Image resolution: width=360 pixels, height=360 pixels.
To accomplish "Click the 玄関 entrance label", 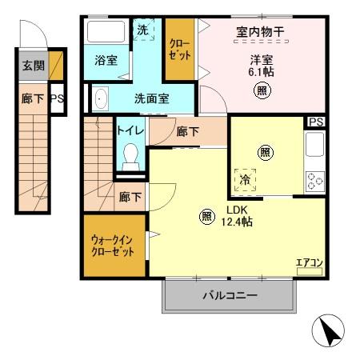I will [33, 66].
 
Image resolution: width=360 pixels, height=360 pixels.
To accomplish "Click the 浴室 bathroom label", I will [106, 60].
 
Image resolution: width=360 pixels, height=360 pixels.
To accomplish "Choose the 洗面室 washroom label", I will [150, 99].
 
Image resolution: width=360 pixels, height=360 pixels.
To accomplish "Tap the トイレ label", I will [130, 130].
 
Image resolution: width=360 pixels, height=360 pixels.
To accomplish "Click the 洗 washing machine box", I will [142, 30].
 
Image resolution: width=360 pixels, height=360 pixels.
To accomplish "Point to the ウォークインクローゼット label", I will [113, 244].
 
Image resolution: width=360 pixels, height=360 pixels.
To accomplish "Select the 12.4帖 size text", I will [238, 222].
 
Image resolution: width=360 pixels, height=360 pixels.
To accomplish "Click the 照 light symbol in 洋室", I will [262, 90].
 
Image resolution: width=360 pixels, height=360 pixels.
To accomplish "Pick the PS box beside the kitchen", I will [315, 122].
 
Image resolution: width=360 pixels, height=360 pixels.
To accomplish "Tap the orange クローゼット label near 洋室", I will [179, 50].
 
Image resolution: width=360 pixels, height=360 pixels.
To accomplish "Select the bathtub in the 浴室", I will [103, 33].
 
